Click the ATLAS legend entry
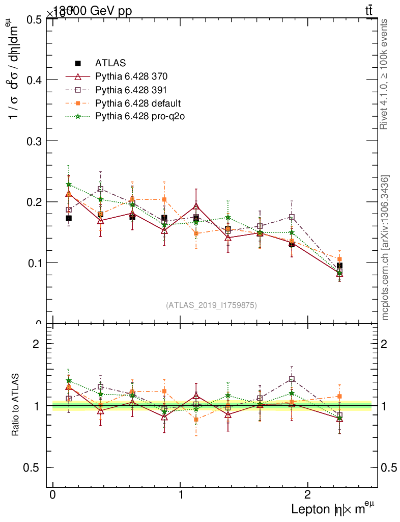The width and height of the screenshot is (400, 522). [109, 63]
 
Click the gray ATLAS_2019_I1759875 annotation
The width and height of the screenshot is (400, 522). [211, 305]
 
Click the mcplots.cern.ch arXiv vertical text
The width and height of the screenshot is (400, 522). [385, 248]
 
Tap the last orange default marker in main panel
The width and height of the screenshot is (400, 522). [339, 259]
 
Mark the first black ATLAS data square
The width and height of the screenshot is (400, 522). [69, 218]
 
